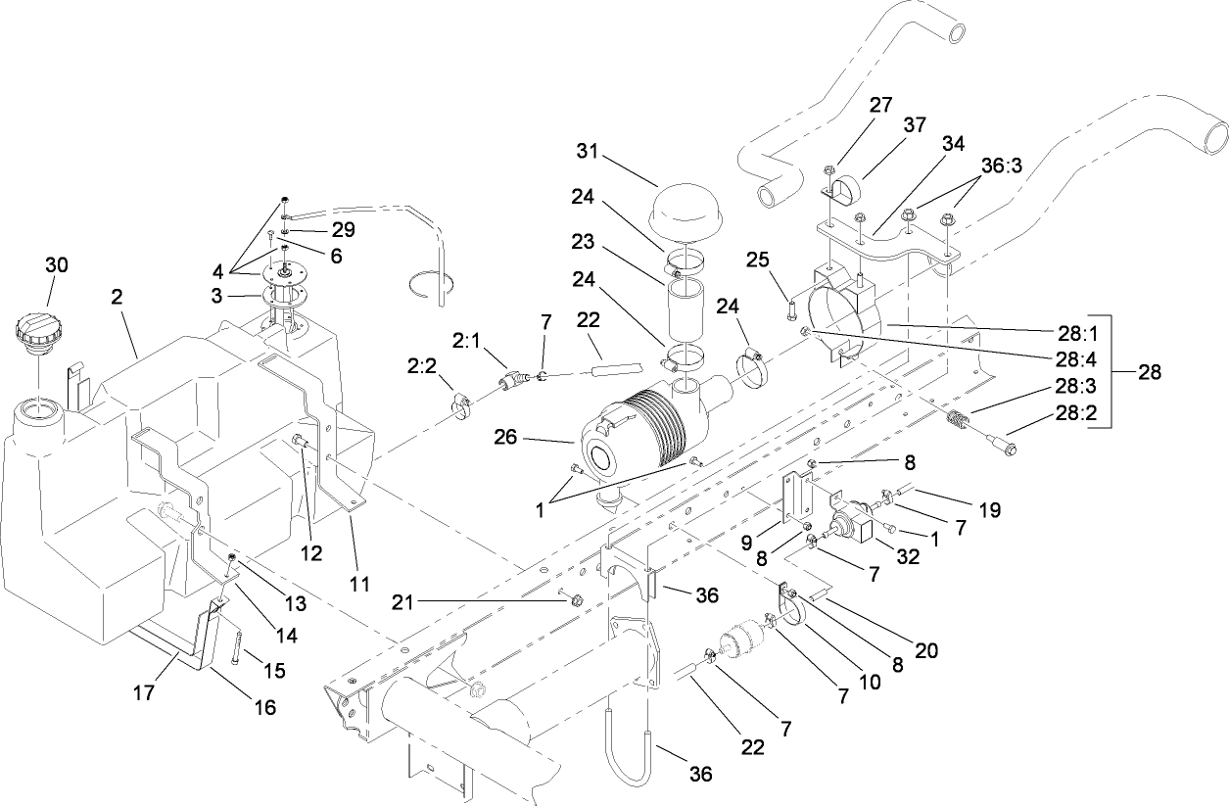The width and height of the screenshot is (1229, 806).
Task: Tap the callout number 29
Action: [342, 230]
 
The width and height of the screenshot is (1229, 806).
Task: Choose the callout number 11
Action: [359, 584]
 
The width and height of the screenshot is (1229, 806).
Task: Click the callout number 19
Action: [990, 509]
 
